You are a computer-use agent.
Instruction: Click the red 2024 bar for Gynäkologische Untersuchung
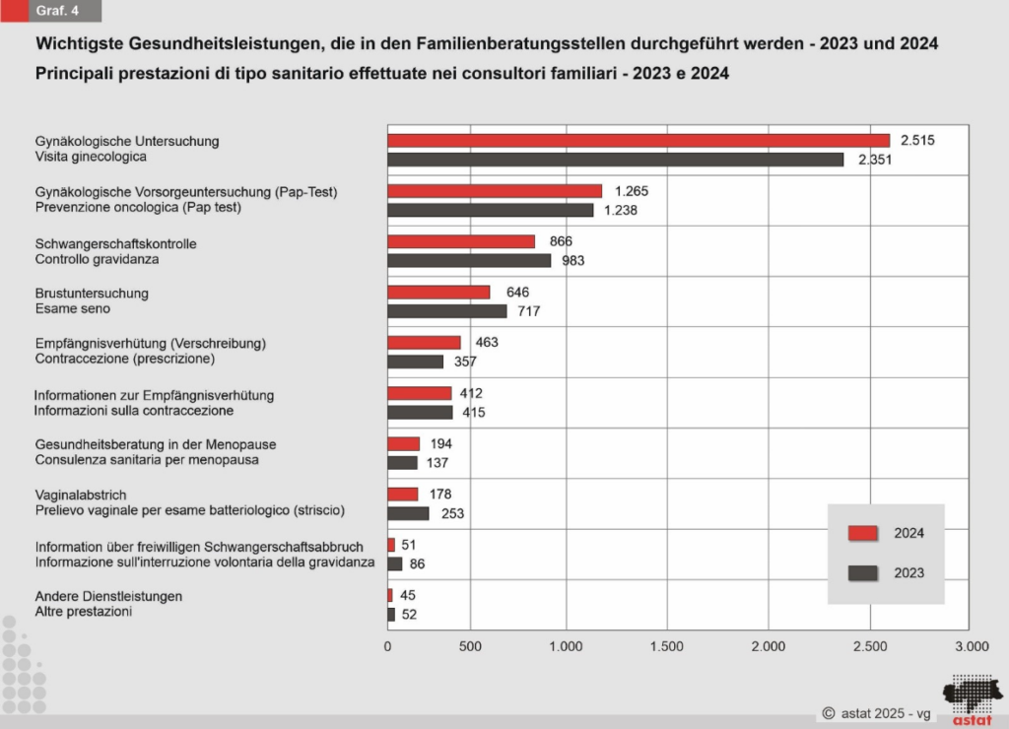click(x=639, y=140)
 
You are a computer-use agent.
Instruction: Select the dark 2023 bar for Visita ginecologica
click(x=616, y=160)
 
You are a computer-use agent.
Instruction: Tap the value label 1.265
click(x=631, y=191)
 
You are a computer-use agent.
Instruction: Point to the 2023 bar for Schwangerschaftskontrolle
click(x=469, y=260)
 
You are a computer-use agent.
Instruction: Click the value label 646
click(x=518, y=293)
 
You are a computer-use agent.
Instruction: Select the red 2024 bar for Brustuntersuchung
click(x=438, y=293)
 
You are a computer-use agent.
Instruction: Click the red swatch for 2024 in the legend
click(x=862, y=533)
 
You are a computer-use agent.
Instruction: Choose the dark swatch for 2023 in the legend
click(x=862, y=572)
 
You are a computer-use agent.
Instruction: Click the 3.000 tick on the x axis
click(x=972, y=647)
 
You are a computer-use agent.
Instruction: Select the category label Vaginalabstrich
click(x=81, y=495)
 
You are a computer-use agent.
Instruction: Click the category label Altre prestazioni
click(x=84, y=611)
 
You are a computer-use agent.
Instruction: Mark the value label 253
click(x=452, y=513)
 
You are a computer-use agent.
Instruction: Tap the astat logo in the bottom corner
click(x=972, y=698)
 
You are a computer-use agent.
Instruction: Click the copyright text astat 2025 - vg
click(x=876, y=712)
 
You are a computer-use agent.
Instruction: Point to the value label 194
click(x=441, y=444)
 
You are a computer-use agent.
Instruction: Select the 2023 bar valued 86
click(x=395, y=563)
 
